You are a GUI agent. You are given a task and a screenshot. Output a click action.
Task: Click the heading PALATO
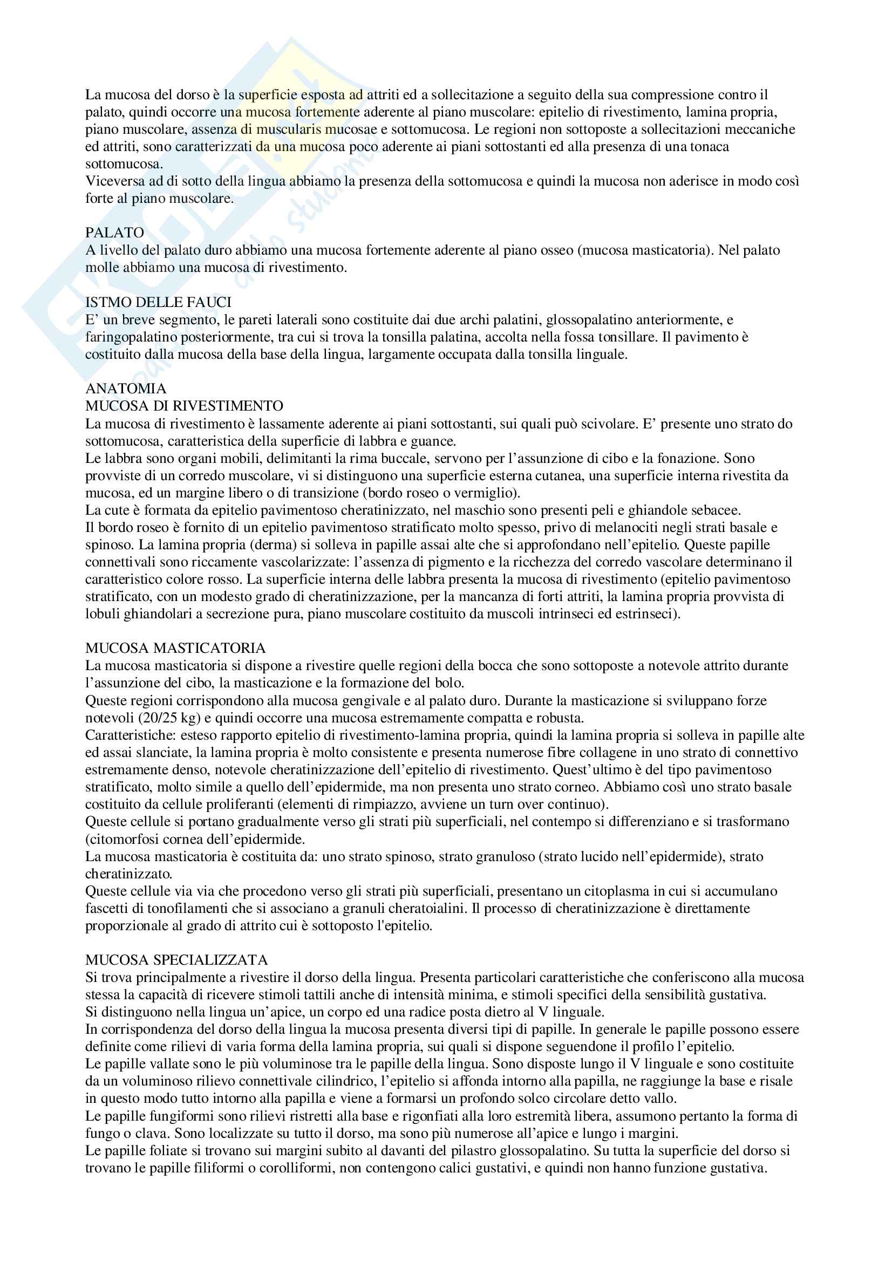pyautogui.click(x=114, y=233)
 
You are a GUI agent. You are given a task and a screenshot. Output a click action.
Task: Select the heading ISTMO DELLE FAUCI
pyautogui.click(x=158, y=302)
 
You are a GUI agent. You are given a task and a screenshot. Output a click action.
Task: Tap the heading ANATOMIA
pyautogui.click(x=125, y=388)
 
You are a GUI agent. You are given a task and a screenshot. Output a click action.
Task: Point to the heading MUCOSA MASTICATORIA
pyautogui.click(x=175, y=649)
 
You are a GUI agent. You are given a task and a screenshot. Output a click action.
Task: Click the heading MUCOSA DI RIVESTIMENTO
pyautogui.click(x=184, y=406)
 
